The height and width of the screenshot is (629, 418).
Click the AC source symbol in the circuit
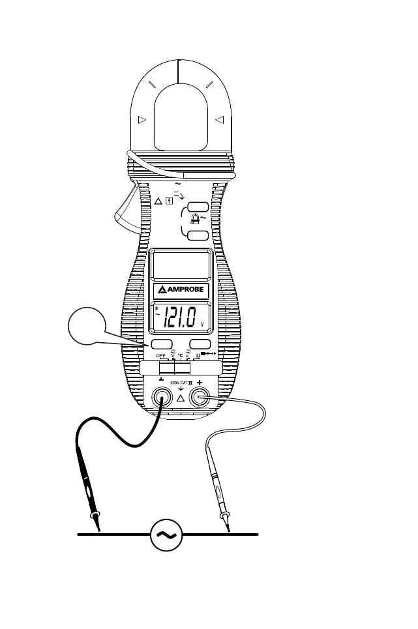[166, 534]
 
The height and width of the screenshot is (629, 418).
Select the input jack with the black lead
[161, 397]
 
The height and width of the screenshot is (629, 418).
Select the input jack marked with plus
[199, 397]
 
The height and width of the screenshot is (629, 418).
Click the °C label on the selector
[180, 356]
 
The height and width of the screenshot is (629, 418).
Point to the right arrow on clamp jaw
[219, 119]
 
